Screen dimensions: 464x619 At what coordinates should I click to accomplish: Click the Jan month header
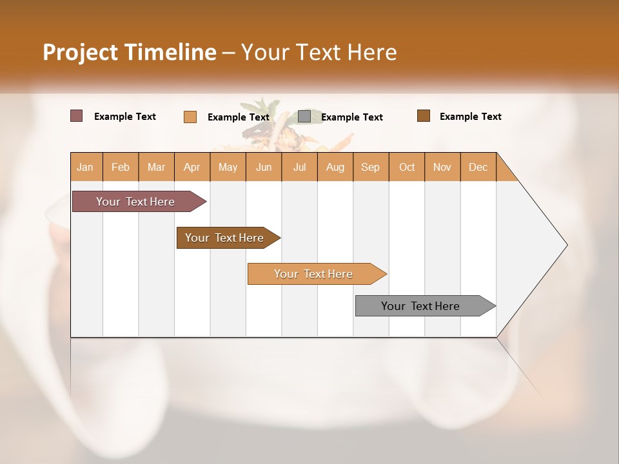tap(86, 167)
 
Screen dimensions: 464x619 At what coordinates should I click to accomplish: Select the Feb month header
tap(121, 167)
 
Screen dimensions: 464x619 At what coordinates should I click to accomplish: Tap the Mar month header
tap(156, 167)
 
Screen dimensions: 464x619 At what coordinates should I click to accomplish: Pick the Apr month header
tap(192, 167)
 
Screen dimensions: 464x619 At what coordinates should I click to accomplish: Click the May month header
tap(228, 167)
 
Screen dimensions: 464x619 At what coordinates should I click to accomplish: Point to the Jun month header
tap(264, 167)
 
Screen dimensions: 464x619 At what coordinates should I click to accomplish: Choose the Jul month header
tap(299, 167)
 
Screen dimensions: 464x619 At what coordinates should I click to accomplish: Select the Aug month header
tap(335, 167)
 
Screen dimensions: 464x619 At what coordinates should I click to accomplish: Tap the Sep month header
tap(370, 167)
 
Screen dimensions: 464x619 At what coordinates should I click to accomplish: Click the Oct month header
tap(406, 167)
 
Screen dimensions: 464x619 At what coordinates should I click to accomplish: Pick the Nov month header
tap(442, 167)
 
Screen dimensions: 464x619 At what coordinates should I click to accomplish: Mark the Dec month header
tap(478, 167)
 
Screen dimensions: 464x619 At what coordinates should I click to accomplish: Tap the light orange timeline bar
tap(314, 274)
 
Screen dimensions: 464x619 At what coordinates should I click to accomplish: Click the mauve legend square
tap(76, 116)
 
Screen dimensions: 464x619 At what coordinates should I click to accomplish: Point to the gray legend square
tap(304, 116)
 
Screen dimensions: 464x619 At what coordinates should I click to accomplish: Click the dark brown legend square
tap(423, 116)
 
